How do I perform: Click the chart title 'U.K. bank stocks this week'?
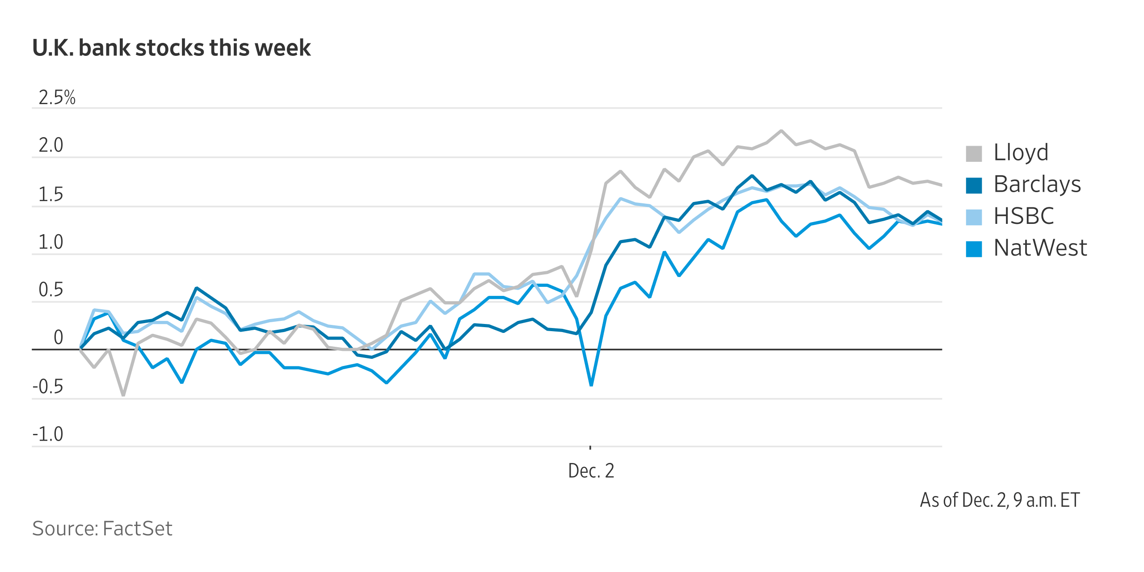(x=171, y=48)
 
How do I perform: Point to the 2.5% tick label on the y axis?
(x=57, y=97)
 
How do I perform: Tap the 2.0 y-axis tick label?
(x=51, y=145)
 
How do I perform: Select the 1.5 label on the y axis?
(x=51, y=194)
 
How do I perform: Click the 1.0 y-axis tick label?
(x=51, y=242)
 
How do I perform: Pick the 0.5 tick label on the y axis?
(x=51, y=290)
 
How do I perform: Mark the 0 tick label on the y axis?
(x=58, y=337)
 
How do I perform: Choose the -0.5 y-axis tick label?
(x=48, y=387)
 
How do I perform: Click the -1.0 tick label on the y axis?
(x=48, y=434)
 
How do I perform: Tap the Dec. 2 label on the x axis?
(x=591, y=471)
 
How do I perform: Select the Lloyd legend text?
(x=1021, y=152)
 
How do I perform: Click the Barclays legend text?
(x=1037, y=184)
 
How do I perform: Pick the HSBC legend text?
(x=1023, y=216)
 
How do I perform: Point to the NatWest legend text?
(x=1040, y=248)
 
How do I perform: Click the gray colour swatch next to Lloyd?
(x=974, y=153)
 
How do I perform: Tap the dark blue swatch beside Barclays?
(x=974, y=185)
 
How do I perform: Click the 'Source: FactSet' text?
(x=102, y=528)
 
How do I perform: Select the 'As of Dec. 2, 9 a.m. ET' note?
(x=1000, y=500)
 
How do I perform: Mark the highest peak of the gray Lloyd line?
(x=781, y=130)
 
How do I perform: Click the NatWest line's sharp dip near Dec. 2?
(x=591, y=385)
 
